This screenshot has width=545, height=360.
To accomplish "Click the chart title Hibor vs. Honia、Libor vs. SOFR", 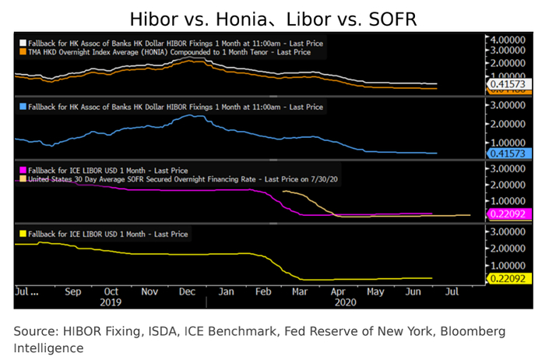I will point(272,16).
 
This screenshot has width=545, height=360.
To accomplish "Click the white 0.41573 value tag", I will point(510,83).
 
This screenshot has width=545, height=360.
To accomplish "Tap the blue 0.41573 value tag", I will point(510,154).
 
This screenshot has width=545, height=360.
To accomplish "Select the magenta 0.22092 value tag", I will point(510,214).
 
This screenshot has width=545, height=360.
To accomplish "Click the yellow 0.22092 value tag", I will point(510,277).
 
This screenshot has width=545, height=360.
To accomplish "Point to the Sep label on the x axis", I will point(72,292).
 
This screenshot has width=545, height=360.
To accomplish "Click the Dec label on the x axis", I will point(186,292).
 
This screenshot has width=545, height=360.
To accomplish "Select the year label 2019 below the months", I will point(110,303).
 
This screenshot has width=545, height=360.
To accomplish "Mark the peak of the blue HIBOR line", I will point(191,115).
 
